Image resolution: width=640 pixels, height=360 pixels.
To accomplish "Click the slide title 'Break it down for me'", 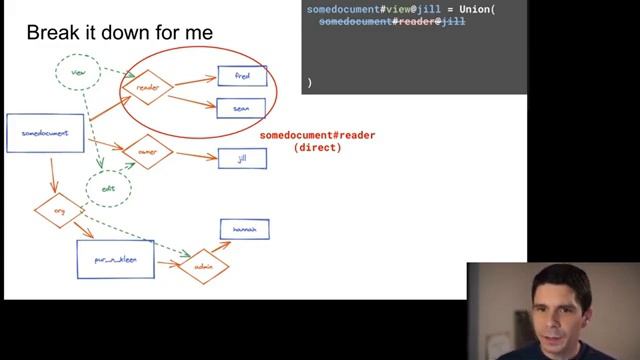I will coord(119,33).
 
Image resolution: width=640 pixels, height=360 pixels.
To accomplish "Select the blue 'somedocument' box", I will coord(45,134).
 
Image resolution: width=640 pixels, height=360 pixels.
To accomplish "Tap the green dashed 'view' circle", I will coord(79,72).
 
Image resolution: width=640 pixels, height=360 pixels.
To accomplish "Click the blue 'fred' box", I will coord(242,76).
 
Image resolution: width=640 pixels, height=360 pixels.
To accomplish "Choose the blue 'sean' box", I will coord(242,108).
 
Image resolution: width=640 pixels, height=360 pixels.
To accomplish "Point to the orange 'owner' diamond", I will coord(148,152).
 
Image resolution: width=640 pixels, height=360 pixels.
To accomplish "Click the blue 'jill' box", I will coord(242,158).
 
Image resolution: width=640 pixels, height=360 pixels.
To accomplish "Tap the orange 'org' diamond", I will coord(57,211).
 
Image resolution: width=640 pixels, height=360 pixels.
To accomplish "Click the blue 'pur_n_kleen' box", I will coord(115,258).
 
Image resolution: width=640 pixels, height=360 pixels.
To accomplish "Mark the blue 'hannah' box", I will coord(244,230).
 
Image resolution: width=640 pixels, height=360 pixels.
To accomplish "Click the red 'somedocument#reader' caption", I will coord(317,135).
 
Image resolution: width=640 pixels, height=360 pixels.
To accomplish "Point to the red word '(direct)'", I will coord(317,147).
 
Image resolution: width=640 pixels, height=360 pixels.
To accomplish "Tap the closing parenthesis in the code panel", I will coord(310,83).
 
